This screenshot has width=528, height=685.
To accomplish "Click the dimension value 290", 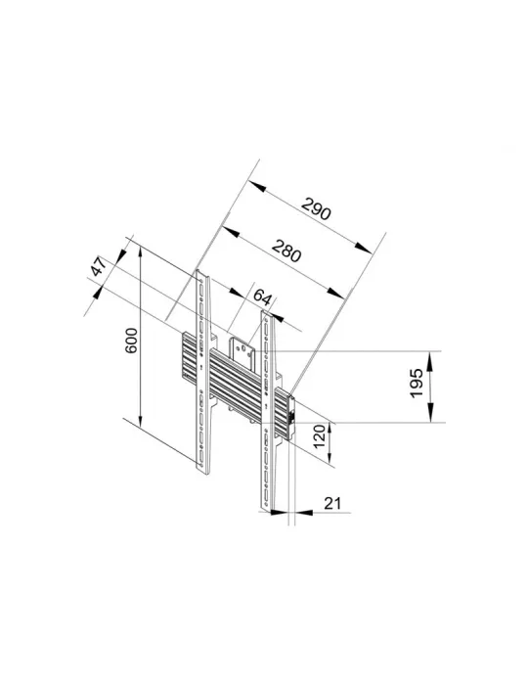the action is pos(317,208).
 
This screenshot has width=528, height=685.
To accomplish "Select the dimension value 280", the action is pos(286,251).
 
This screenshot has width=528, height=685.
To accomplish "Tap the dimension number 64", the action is pos(262,297).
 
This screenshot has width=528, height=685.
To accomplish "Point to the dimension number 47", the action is pos(99,266).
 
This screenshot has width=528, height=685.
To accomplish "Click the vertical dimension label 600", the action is pos(131,341).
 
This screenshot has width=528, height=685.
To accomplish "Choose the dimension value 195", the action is pos(417,384).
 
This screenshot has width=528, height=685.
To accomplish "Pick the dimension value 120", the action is pos(320,436).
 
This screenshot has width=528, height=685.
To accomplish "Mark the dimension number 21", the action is pos(332,503).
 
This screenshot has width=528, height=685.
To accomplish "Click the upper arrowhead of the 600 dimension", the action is pos(140,254).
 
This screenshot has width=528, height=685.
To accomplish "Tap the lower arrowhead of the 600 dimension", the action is pos(140,418).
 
